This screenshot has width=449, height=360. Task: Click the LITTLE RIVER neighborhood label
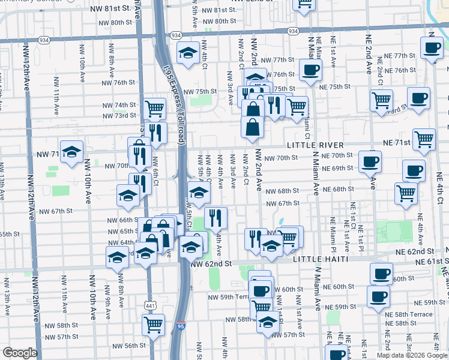click(315, 145)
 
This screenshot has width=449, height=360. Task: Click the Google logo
click(20, 353)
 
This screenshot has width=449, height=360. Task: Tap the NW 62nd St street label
click(211, 263)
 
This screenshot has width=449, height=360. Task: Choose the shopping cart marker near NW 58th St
click(154, 325)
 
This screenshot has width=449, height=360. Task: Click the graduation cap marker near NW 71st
click(72, 151)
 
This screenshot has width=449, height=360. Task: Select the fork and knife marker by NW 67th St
click(215, 218)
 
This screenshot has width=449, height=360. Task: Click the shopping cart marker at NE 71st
click(424, 139)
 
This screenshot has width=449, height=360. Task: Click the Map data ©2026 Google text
click(411, 355)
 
